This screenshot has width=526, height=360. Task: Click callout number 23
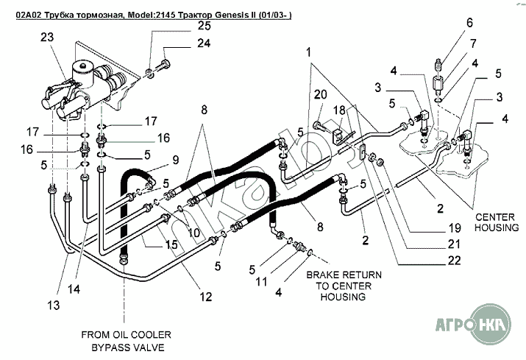tap(48, 38)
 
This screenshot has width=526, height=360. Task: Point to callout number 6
tap(469, 22)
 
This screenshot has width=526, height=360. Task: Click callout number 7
tap(473, 43)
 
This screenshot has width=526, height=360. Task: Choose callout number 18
tap(340, 109)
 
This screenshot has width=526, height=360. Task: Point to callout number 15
tap(171, 244)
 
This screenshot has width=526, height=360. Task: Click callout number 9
tap(176, 160)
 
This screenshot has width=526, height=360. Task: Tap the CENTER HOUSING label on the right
tap(497, 222)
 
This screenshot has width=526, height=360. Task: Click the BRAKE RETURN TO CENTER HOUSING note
tap(343, 286)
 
